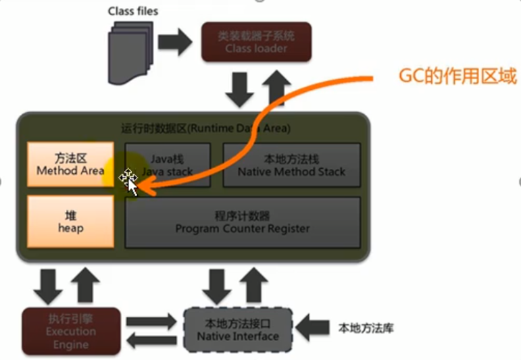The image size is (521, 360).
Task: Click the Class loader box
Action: (x=256, y=41)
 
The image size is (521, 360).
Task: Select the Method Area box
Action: (x=70, y=165)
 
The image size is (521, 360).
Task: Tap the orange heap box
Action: (x=70, y=222)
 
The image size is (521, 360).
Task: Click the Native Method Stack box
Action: (x=291, y=165)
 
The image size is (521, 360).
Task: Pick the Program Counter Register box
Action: (x=243, y=222)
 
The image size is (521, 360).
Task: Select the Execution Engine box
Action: (x=71, y=331)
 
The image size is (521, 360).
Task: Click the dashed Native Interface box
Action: (x=238, y=330)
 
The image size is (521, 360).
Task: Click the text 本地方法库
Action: (x=366, y=329)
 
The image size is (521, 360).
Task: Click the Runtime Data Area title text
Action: (x=205, y=128)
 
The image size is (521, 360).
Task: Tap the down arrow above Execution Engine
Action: (x=48, y=286)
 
